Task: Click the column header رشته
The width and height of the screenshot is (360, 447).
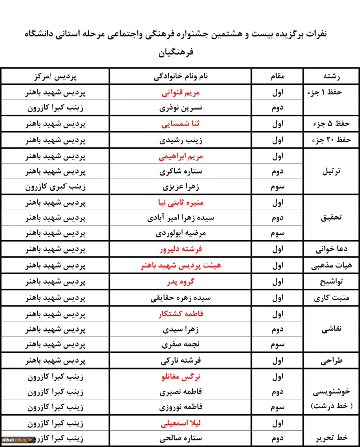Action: tap(331, 76)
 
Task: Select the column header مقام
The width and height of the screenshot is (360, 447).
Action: tap(278, 76)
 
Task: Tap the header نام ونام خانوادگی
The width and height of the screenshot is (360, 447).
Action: tap(181, 76)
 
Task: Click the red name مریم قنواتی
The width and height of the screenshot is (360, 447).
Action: tap(181, 92)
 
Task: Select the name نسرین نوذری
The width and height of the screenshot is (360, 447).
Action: tap(181, 108)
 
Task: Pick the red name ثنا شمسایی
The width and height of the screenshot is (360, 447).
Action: tap(181, 124)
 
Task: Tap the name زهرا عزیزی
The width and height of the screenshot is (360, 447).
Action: tap(181, 187)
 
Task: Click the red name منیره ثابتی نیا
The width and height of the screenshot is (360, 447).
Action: tap(181, 203)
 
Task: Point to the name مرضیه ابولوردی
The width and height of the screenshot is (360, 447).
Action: tap(181, 233)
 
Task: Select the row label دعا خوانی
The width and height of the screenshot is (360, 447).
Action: tap(332, 249)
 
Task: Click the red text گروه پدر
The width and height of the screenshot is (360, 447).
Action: tap(181, 281)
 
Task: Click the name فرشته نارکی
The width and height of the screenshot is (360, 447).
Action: tap(181, 361)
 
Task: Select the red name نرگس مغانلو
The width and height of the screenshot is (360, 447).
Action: tap(181, 377)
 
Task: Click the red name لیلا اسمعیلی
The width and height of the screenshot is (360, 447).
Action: tap(181, 423)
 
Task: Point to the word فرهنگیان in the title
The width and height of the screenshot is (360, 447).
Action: tap(180, 52)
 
